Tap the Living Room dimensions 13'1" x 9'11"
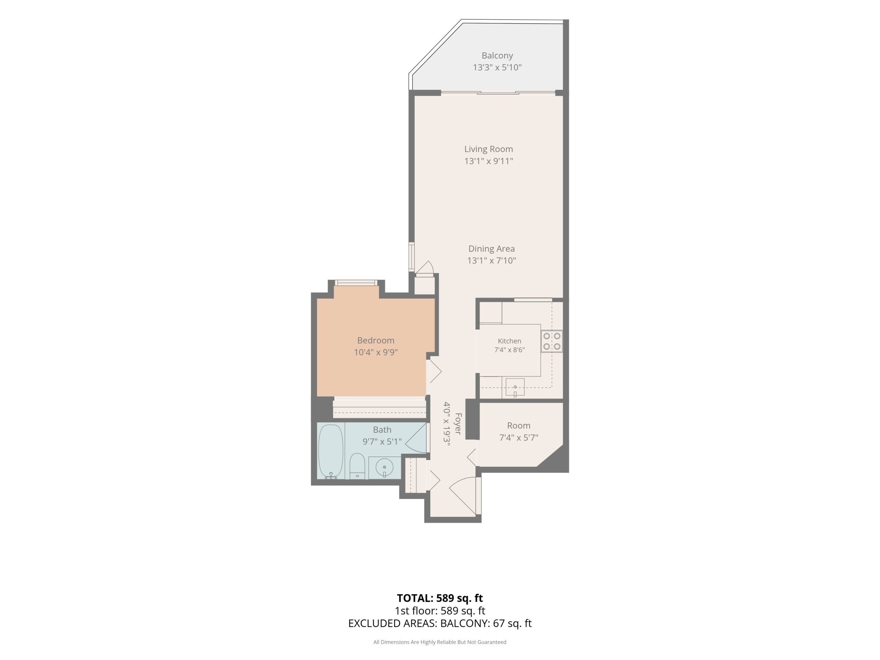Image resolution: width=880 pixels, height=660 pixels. point(488,161)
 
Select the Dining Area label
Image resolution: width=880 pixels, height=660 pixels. point(491,249)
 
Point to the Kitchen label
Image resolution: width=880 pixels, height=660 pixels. point(509,341)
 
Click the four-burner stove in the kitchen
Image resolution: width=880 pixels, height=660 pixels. point(552,341)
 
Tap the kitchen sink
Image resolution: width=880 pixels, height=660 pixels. point(515,387)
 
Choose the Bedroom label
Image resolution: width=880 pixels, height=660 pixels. point(376,340)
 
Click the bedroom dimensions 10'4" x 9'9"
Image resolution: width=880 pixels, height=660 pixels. point(376,352)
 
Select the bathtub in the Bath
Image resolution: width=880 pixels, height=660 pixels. point(331,451)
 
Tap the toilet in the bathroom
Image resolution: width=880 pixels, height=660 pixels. point(357,466)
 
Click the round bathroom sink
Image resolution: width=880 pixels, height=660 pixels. point(384,467)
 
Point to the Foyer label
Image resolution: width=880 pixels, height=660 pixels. point(458,424)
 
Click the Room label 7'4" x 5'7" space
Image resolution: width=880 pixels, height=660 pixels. point(518,426)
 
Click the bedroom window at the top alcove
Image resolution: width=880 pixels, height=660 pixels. point(356,283)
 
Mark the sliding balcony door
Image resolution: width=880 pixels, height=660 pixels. point(498,93)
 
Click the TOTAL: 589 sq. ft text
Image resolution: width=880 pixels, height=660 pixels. point(440,598)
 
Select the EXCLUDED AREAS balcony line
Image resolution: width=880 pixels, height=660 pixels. point(440,624)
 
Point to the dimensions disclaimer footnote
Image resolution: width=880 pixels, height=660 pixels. point(440,642)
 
